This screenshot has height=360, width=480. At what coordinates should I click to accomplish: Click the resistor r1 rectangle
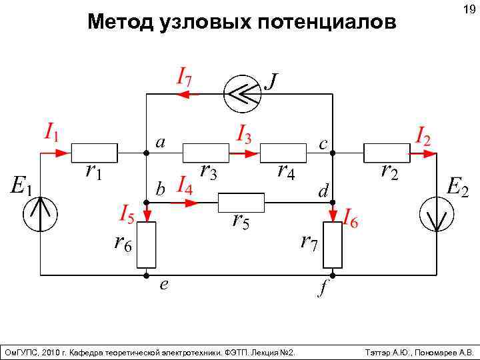(94, 153)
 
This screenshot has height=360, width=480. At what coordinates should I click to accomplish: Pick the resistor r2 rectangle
(387, 153)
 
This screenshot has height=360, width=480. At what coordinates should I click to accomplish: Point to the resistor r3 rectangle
(206, 153)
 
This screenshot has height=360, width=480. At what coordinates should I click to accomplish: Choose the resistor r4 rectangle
(283, 153)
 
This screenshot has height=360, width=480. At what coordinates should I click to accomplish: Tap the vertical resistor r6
(146, 243)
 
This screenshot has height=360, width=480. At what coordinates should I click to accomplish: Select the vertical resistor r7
(332, 245)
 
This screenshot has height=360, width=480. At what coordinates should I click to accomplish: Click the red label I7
(185, 76)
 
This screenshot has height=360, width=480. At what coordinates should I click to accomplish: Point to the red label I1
(51, 131)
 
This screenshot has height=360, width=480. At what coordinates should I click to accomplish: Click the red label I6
(350, 219)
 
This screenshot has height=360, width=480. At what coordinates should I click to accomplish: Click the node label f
(323, 288)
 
